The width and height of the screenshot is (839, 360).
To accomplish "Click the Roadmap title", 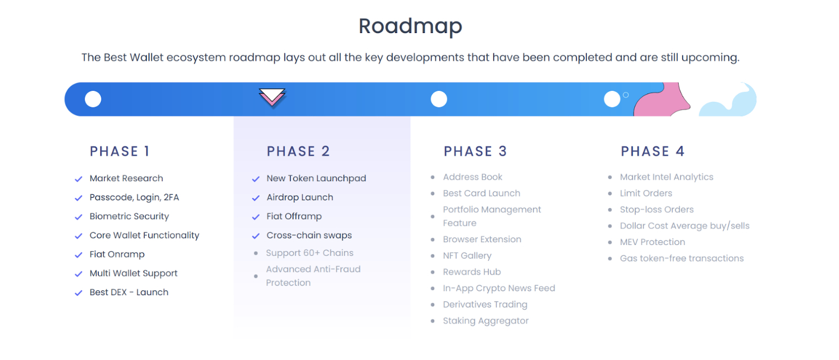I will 410,26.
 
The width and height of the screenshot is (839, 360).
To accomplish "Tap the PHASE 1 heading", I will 119,151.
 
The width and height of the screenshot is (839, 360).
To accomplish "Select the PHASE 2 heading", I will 298,151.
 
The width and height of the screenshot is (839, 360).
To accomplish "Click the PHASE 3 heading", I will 475,151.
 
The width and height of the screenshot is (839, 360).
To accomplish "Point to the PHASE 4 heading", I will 652,151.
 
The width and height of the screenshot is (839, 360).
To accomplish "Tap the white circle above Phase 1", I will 93,100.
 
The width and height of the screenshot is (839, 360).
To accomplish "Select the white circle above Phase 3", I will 439,100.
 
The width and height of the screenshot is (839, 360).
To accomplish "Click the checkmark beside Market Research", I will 78,179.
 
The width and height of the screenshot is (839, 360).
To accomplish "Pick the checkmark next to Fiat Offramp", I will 255,217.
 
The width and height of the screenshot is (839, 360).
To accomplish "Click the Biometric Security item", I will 129,216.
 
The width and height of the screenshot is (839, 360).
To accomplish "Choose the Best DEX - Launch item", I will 129,292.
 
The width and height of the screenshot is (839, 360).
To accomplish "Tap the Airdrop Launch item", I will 299,197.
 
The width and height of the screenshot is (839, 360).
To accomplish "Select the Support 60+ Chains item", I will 309,253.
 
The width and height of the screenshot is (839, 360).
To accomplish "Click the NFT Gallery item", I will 467,255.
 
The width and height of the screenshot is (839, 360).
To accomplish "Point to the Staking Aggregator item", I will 486,321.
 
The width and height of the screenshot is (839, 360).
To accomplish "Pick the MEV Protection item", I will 652,242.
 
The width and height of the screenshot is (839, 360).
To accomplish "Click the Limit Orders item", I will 646,193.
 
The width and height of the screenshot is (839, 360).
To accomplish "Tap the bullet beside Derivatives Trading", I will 433,305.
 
